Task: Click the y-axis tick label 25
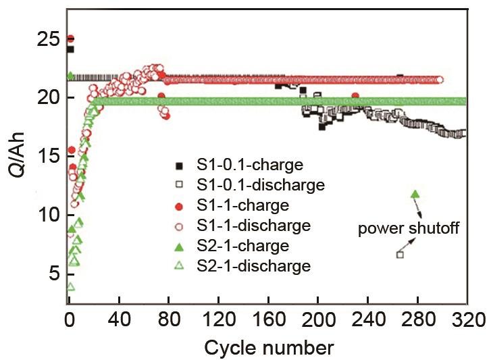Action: click(x=48, y=40)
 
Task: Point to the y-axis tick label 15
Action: click(x=48, y=156)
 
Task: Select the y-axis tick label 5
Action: click(x=53, y=274)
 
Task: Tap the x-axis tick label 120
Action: click(x=218, y=319)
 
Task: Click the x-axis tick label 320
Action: click(x=469, y=319)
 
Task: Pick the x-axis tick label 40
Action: click(x=119, y=319)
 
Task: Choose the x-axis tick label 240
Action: click(x=368, y=319)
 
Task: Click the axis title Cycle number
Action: click(x=269, y=348)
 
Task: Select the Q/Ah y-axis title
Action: click(x=16, y=155)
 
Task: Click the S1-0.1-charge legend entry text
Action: click(x=250, y=164)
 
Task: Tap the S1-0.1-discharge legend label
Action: click(x=261, y=184)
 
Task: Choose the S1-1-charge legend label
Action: click(x=243, y=205)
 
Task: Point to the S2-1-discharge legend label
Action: click(x=253, y=266)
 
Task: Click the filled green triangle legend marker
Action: click(x=179, y=248)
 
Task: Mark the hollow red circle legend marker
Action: click(x=179, y=226)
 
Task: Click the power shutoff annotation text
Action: click(x=409, y=228)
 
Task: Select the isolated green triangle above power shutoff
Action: click(x=415, y=195)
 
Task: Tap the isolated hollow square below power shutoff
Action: click(x=400, y=255)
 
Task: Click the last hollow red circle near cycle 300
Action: click(x=440, y=80)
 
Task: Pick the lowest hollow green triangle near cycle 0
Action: click(x=70, y=286)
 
